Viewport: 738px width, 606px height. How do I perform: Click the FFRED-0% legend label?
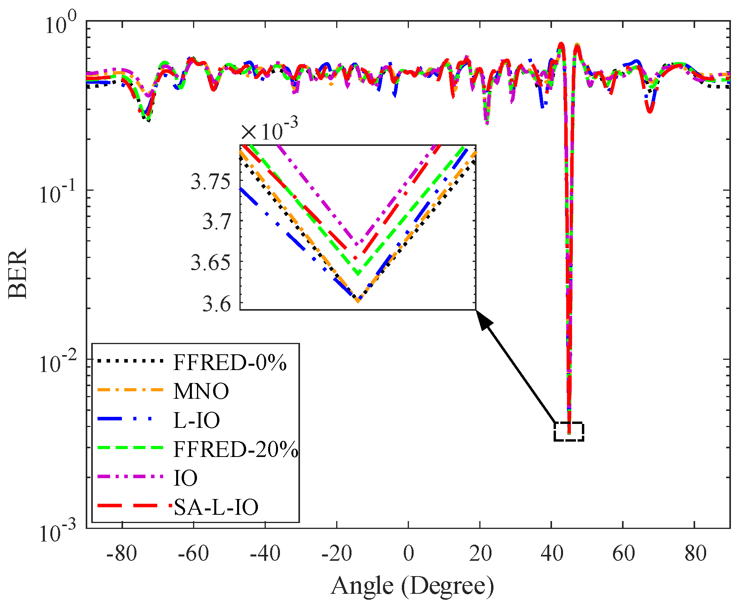click(x=230, y=362)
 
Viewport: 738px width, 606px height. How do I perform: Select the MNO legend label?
click(x=201, y=391)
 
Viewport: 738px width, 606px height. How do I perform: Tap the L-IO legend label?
click(x=197, y=420)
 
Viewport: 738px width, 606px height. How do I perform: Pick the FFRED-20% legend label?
click(x=236, y=449)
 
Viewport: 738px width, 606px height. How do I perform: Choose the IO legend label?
click(x=186, y=478)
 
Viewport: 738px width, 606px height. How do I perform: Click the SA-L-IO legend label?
click(x=216, y=507)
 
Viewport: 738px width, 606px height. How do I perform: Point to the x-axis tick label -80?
click(x=122, y=554)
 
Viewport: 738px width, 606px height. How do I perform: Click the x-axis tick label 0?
click(x=409, y=554)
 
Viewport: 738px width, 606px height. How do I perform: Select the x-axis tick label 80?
click(x=695, y=554)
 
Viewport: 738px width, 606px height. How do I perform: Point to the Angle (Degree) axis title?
click(x=412, y=586)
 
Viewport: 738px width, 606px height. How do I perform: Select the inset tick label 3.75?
click(x=210, y=182)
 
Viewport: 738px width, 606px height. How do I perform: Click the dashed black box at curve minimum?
click(x=569, y=431)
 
